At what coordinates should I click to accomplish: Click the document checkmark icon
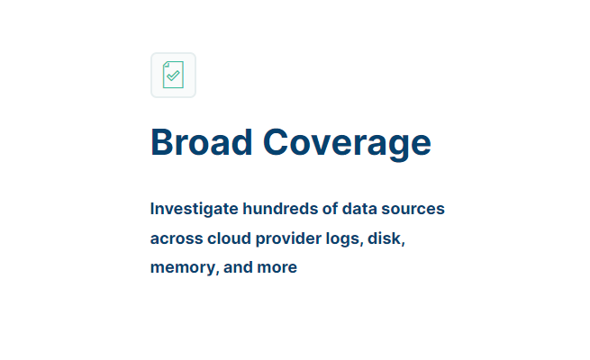[x=173, y=75]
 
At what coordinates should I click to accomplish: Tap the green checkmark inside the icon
[x=173, y=76]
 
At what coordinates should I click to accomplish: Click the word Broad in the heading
[x=201, y=142]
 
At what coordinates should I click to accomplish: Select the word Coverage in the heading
[x=347, y=144]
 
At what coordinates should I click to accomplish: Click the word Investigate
[x=195, y=209]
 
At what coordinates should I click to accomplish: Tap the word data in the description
[x=359, y=209]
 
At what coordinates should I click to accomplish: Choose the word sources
[x=413, y=210]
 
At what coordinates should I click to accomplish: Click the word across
[x=177, y=239]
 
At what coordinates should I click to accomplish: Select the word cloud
[x=229, y=238]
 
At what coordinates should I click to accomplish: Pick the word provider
[x=288, y=239]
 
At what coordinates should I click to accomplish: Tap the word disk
[x=386, y=238]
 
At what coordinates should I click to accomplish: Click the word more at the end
[x=277, y=268]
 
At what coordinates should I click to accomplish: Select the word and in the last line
[x=238, y=267]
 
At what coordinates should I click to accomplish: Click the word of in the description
[x=330, y=209]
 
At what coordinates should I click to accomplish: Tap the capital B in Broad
[x=161, y=142]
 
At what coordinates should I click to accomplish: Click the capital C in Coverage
[x=275, y=142]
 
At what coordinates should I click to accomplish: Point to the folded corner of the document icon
[x=166, y=64]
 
